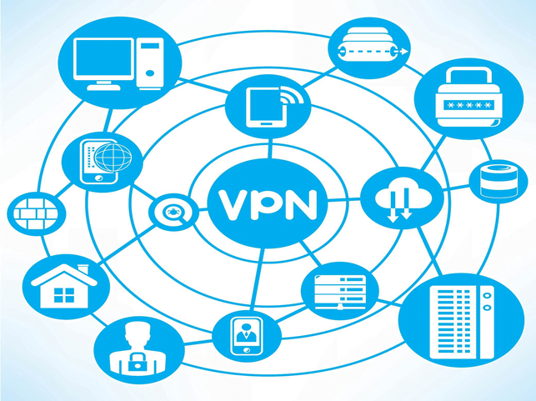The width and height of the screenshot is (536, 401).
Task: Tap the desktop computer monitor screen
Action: (x=103, y=58)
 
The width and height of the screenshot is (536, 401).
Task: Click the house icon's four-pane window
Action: (x=64, y=295)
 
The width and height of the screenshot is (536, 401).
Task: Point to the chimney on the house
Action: (x=83, y=269)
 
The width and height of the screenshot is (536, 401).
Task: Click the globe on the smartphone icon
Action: (x=113, y=158)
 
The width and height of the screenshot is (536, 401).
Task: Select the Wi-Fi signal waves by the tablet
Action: (x=291, y=95)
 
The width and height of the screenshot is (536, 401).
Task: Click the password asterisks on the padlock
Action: (x=468, y=105)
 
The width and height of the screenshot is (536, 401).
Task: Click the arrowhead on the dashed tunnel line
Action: (x=404, y=52)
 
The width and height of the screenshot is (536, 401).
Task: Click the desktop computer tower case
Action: (x=150, y=64)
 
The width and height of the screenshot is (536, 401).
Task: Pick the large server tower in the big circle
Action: (x=462, y=322)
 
